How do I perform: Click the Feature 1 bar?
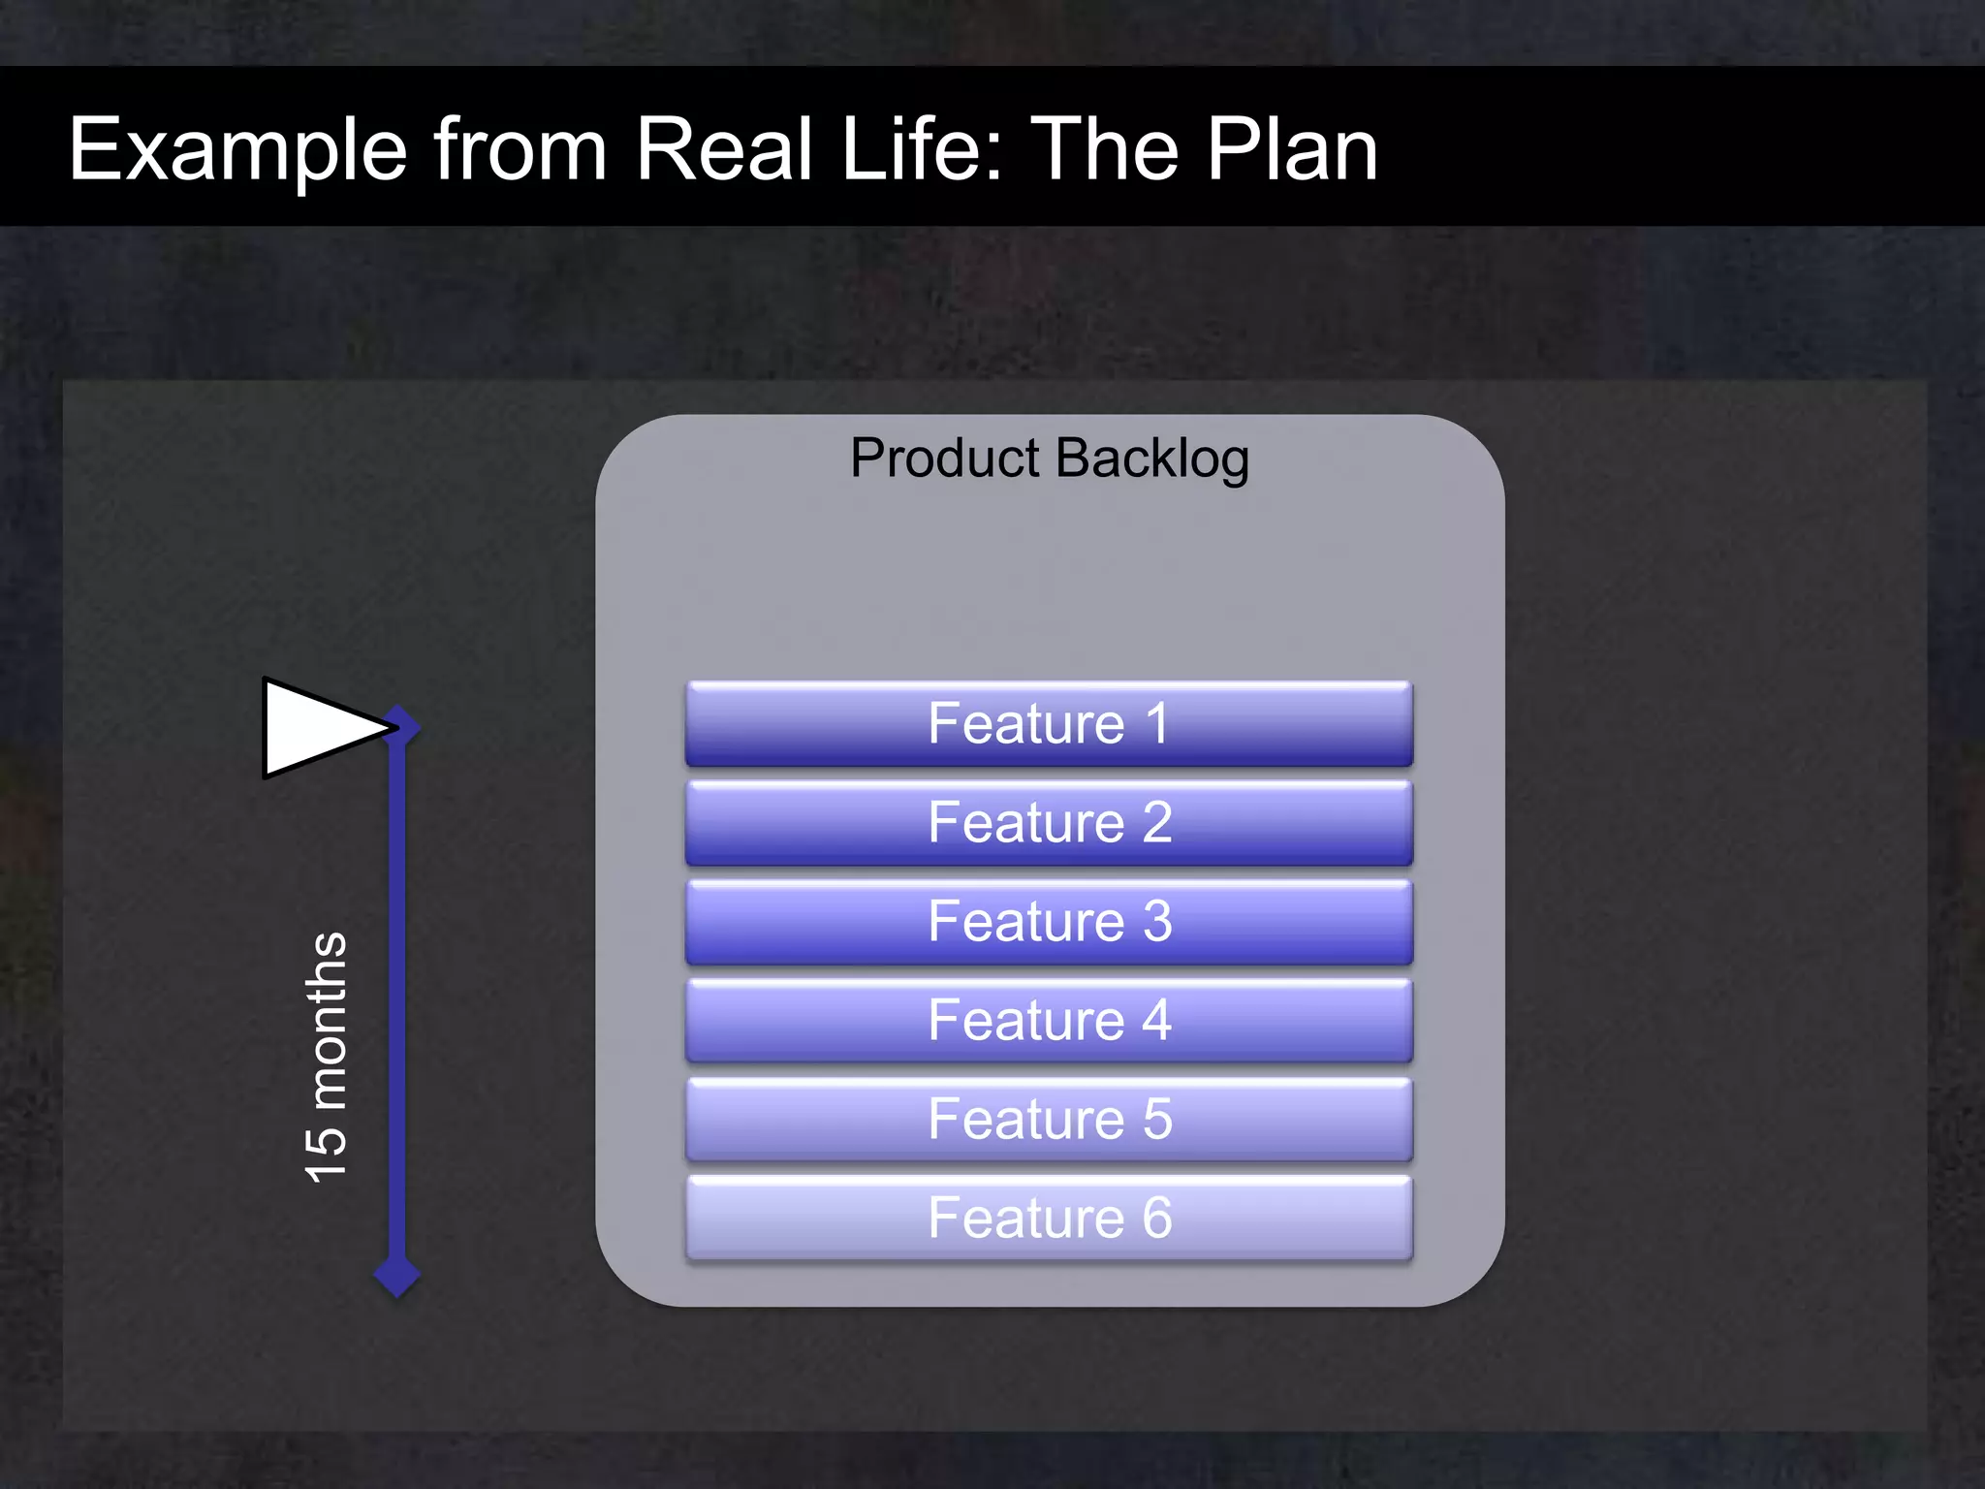coord(1049,723)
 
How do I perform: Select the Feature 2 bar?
coord(1049,822)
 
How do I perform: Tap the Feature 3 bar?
coord(1049,921)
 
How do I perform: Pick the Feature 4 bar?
coord(1049,1020)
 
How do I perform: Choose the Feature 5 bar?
coord(1049,1119)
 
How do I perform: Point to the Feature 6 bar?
coord(1049,1218)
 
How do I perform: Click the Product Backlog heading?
coord(1049,458)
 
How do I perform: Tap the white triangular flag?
coord(315,728)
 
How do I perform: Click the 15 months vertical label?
coord(326,1057)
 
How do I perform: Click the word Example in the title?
coord(237,150)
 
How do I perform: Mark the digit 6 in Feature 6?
coord(1157,1218)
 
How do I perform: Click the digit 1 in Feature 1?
coord(1156,723)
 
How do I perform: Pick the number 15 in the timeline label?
coord(326,1154)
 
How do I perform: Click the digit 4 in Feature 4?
coord(1156,1020)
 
